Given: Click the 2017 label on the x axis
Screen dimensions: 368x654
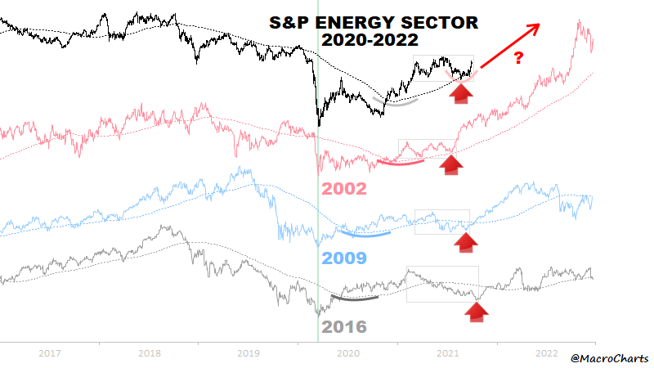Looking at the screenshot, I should (50, 353).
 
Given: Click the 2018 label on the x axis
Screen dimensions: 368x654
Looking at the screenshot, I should (149, 353).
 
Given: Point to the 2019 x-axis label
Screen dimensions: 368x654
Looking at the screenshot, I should (248, 353).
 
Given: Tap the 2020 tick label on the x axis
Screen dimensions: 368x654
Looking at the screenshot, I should (347, 353).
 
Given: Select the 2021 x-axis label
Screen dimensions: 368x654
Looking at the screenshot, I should (446, 353).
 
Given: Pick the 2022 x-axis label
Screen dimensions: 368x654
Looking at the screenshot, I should (545, 353).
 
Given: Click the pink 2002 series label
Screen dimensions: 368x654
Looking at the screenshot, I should (343, 187).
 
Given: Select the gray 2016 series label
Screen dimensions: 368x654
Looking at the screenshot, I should (345, 327).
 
